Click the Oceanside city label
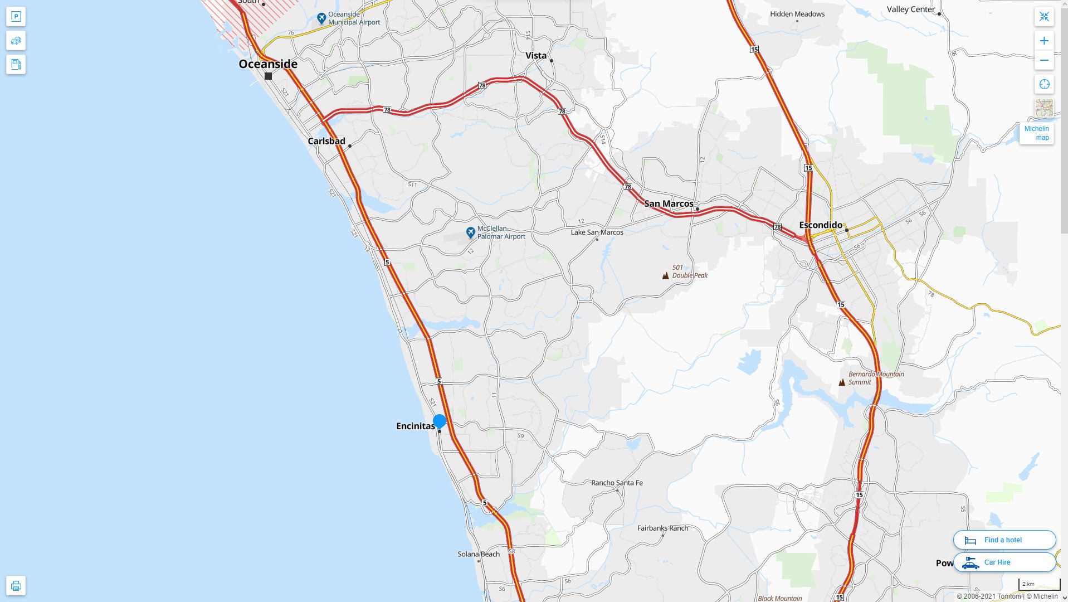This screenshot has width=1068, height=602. click(268, 64)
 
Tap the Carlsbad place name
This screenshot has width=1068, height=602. click(326, 141)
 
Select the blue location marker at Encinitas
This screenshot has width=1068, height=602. click(440, 421)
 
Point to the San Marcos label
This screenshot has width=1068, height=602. click(669, 203)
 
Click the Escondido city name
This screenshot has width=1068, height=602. click(821, 225)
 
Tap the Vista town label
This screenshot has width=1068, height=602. click(536, 55)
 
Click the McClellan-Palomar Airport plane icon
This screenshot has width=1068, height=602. click(471, 232)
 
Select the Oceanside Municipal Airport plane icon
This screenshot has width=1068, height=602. click(321, 18)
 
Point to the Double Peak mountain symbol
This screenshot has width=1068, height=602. click(665, 275)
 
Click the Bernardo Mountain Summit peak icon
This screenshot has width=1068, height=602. click(842, 382)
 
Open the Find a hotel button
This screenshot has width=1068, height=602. click(1004, 540)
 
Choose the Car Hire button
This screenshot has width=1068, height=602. click(1004, 562)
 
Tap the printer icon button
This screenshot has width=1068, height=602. click(16, 586)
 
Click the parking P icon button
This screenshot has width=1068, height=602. click(16, 17)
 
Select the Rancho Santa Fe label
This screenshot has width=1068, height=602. click(617, 483)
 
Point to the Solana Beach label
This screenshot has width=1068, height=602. click(479, 554)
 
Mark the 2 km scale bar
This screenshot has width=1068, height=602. click(1039, 585)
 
